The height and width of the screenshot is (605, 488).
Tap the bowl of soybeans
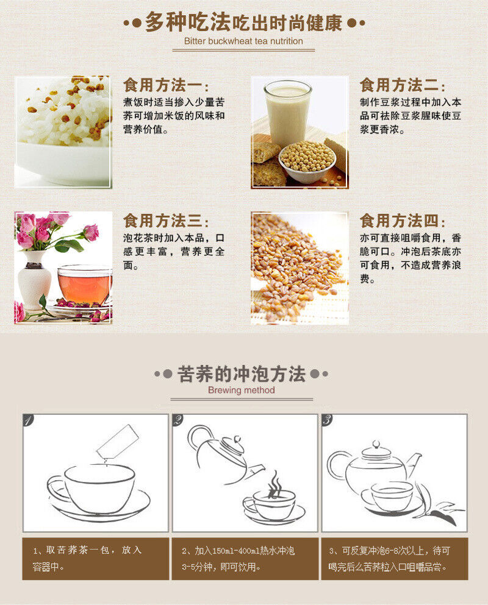point(307,162)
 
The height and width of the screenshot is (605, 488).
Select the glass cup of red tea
point(84,285)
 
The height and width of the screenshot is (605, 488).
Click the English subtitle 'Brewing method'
point(242,390)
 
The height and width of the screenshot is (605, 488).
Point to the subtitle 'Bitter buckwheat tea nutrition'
point(243,41)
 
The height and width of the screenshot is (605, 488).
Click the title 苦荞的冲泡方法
point(242,373)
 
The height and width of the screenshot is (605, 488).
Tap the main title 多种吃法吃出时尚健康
point(244,23)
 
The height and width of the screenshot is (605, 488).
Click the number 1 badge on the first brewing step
point(28,420)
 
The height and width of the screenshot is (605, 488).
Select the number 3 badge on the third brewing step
point(328,420)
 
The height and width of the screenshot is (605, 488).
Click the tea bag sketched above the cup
point(118,441)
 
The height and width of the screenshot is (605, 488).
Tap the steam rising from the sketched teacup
point(274,484)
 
